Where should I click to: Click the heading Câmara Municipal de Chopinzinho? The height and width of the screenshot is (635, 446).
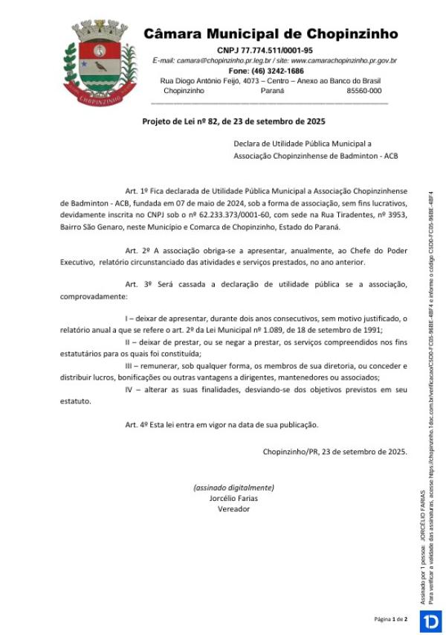tap(270, 34)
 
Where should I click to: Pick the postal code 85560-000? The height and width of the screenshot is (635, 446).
tap(363, 90)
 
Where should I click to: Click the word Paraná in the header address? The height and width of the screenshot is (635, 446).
tap(272, 90)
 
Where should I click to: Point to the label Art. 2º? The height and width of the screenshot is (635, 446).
tap(138, 250)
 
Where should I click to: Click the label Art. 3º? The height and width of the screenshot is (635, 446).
tap(138, 284)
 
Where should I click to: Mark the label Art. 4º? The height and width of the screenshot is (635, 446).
tap(138, 424)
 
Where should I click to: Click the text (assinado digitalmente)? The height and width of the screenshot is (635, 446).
tap(233, 488)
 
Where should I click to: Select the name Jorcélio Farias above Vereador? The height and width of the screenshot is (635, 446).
tap(233, 498)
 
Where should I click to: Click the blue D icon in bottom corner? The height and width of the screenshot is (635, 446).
tap(430, 620)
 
